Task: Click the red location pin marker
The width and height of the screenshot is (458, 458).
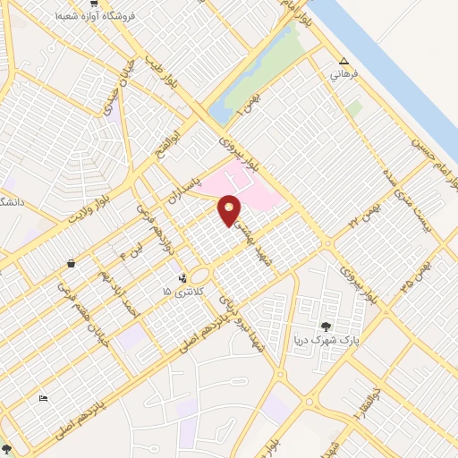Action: click(x=230, y=209)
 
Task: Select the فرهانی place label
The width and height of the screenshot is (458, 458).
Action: click(x=345, y=75)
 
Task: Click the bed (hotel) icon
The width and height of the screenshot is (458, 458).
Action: click(x=42, y=398)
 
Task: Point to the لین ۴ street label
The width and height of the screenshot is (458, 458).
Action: click(x=116, y=249)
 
